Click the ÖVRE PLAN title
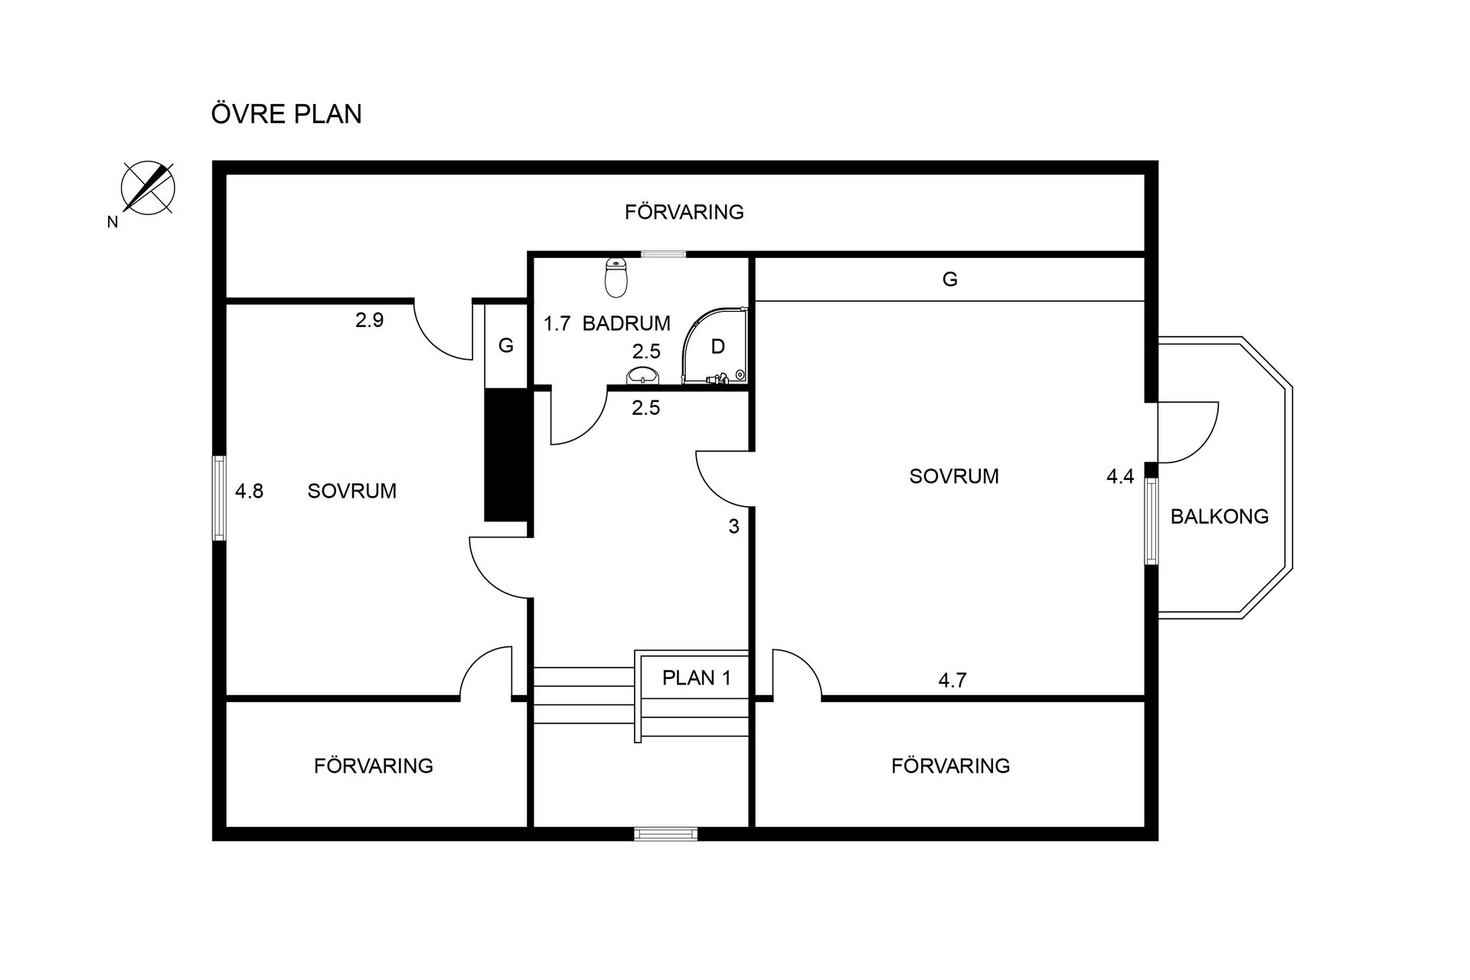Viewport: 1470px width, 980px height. click(286, 113)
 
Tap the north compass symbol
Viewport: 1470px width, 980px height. click(148, 187)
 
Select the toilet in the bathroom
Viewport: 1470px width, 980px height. click(616, 277)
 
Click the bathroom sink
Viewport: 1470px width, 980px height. click(643, 375)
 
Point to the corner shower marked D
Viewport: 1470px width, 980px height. click(714, 345)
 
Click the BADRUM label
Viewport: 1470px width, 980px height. click(626, 323)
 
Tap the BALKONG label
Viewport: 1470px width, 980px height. click(1220, 516)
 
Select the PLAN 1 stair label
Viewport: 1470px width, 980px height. click(697, 678)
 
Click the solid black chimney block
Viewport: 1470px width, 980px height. click(507, 455)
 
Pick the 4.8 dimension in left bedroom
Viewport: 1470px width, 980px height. click(249, 491)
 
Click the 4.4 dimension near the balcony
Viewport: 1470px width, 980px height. click(1120, 476)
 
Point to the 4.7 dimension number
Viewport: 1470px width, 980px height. click(952, 680)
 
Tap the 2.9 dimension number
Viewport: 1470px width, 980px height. click(369, 320)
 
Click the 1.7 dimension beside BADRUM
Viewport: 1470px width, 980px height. click(557, 323)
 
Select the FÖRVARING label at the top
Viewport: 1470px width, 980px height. click(684, 211)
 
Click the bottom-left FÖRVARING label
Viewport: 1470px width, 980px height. click(374, 766)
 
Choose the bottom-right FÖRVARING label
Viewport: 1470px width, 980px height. click(951, 766)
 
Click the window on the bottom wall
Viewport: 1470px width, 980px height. click(666, 834)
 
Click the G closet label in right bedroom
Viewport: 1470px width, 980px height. click(950, 279)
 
